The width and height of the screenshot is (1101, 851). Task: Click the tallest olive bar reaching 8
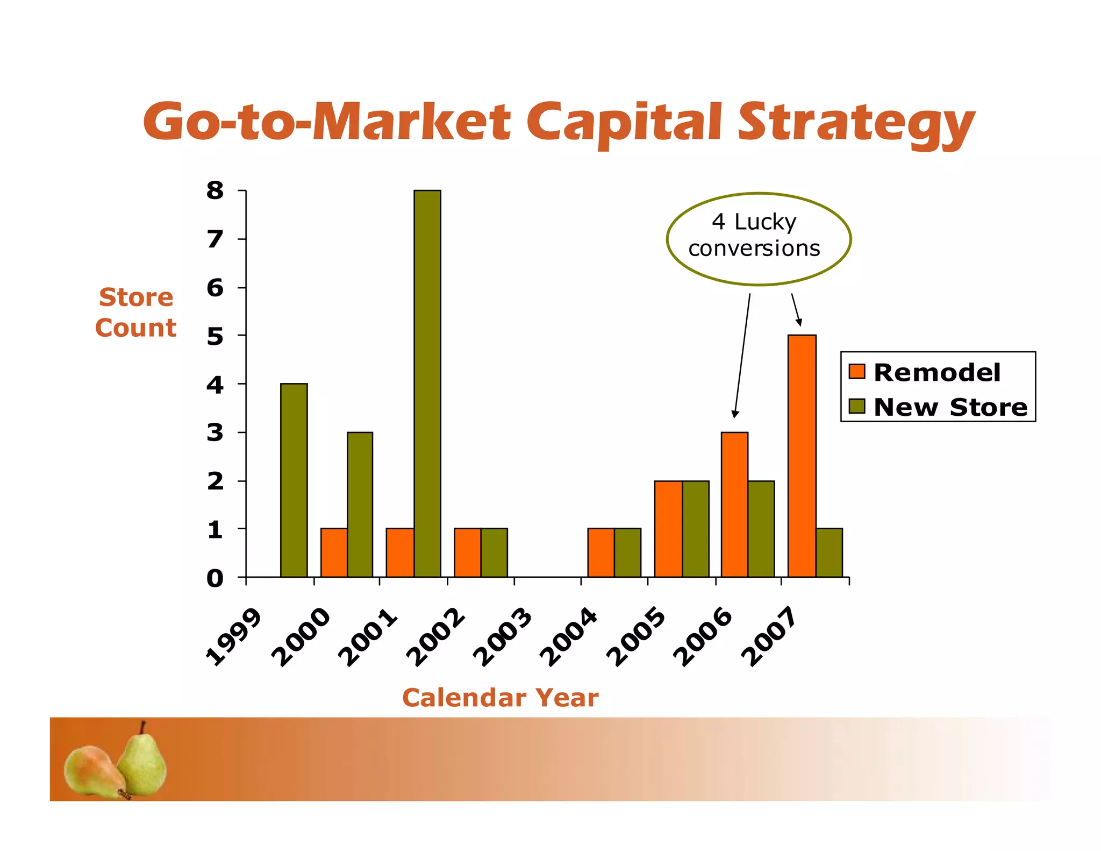click(427, 383)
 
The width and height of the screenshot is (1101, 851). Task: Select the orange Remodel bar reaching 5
click(802, 456)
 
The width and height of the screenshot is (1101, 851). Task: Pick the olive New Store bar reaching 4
click(294, 480)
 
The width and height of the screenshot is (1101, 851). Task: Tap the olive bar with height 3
click(360, 504)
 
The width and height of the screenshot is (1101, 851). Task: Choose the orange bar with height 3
click(734, 504)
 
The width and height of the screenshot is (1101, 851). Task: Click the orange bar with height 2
click(668, 528)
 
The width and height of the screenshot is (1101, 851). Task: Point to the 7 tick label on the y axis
click(215, 239)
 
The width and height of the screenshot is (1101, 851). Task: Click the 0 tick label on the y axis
click(215, 579)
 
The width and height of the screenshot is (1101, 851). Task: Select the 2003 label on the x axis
click(502, 637)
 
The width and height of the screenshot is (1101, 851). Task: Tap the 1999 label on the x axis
click(234, 637)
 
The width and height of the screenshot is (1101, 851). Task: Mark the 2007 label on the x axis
click(769, 637)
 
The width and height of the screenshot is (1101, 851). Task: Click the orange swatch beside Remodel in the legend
click(857, 372)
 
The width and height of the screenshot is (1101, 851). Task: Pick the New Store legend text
click(950, 407)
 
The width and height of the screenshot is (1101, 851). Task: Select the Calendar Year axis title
click(500, 698)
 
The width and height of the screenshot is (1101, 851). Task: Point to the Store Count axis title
click(136, 313)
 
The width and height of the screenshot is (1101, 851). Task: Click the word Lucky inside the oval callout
click(765, 222)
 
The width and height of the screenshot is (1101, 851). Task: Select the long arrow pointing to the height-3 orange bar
click(742, 355)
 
